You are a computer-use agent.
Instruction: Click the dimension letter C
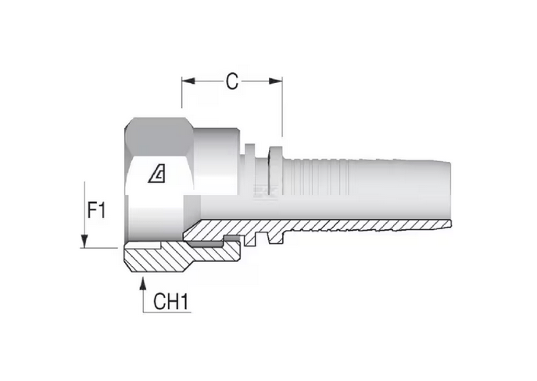point(231,81)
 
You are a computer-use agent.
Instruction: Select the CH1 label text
point(170,301)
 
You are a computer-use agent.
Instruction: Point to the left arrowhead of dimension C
point(186,80)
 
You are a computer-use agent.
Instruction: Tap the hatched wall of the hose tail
point(352,226)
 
